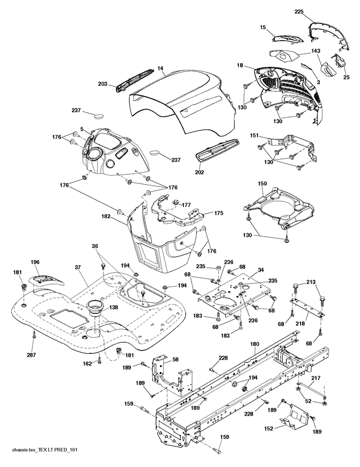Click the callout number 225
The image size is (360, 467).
tap(299, 11)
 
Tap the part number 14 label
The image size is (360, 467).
tap(161, 69)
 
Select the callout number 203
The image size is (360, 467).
tap(102, 84)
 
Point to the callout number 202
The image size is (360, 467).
tap(199, 172)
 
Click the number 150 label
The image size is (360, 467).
tap(262, 183)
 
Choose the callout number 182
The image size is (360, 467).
tap(106, 217)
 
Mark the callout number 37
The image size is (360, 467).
tap(78, 268)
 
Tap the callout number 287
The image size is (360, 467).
tap(31, 355)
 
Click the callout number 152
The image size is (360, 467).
tap(269, 429)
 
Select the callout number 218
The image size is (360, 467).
tap(300, 324)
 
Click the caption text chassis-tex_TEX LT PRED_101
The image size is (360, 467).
tap(45, 449)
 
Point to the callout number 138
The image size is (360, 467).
tap(105, 308)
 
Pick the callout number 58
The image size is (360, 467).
tap(175, 360)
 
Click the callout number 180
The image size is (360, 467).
tap(255, 344)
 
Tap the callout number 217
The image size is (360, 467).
tap(315, 378)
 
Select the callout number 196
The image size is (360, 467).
tap(35, 262)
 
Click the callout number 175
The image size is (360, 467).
tap(218, 213)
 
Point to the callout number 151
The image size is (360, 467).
tap(254, 136)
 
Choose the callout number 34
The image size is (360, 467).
tap(261, 270)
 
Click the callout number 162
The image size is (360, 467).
tap(87, 364)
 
